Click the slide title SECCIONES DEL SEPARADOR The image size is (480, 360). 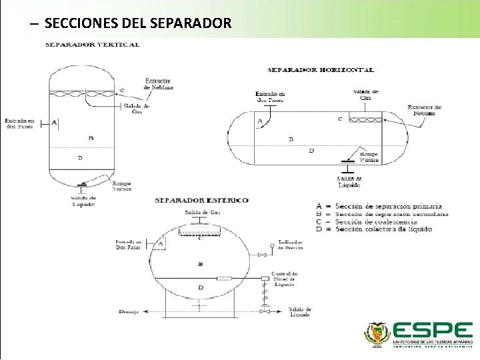pos(138,23)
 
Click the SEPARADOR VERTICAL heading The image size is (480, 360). pos(92,45)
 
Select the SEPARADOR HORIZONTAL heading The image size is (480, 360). pos(321,69)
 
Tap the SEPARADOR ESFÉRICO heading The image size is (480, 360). pos(201,200)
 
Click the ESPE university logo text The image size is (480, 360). pos(432,331)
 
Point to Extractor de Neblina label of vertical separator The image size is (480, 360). pos(158,85)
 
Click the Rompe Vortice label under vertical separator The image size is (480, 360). pos(122,186)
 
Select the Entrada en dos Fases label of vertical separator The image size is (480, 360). pos(20,124)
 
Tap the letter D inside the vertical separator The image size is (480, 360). pos(80,158)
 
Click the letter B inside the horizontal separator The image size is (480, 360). pos(291,140)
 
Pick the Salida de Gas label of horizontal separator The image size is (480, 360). pos(366,95)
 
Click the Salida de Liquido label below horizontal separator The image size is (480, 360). pos(349,182)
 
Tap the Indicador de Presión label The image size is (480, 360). pos(290,245)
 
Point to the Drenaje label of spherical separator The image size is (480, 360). pos(129,311)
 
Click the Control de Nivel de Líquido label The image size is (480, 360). pos(285,279)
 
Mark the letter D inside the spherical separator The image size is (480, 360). pos(201,287)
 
